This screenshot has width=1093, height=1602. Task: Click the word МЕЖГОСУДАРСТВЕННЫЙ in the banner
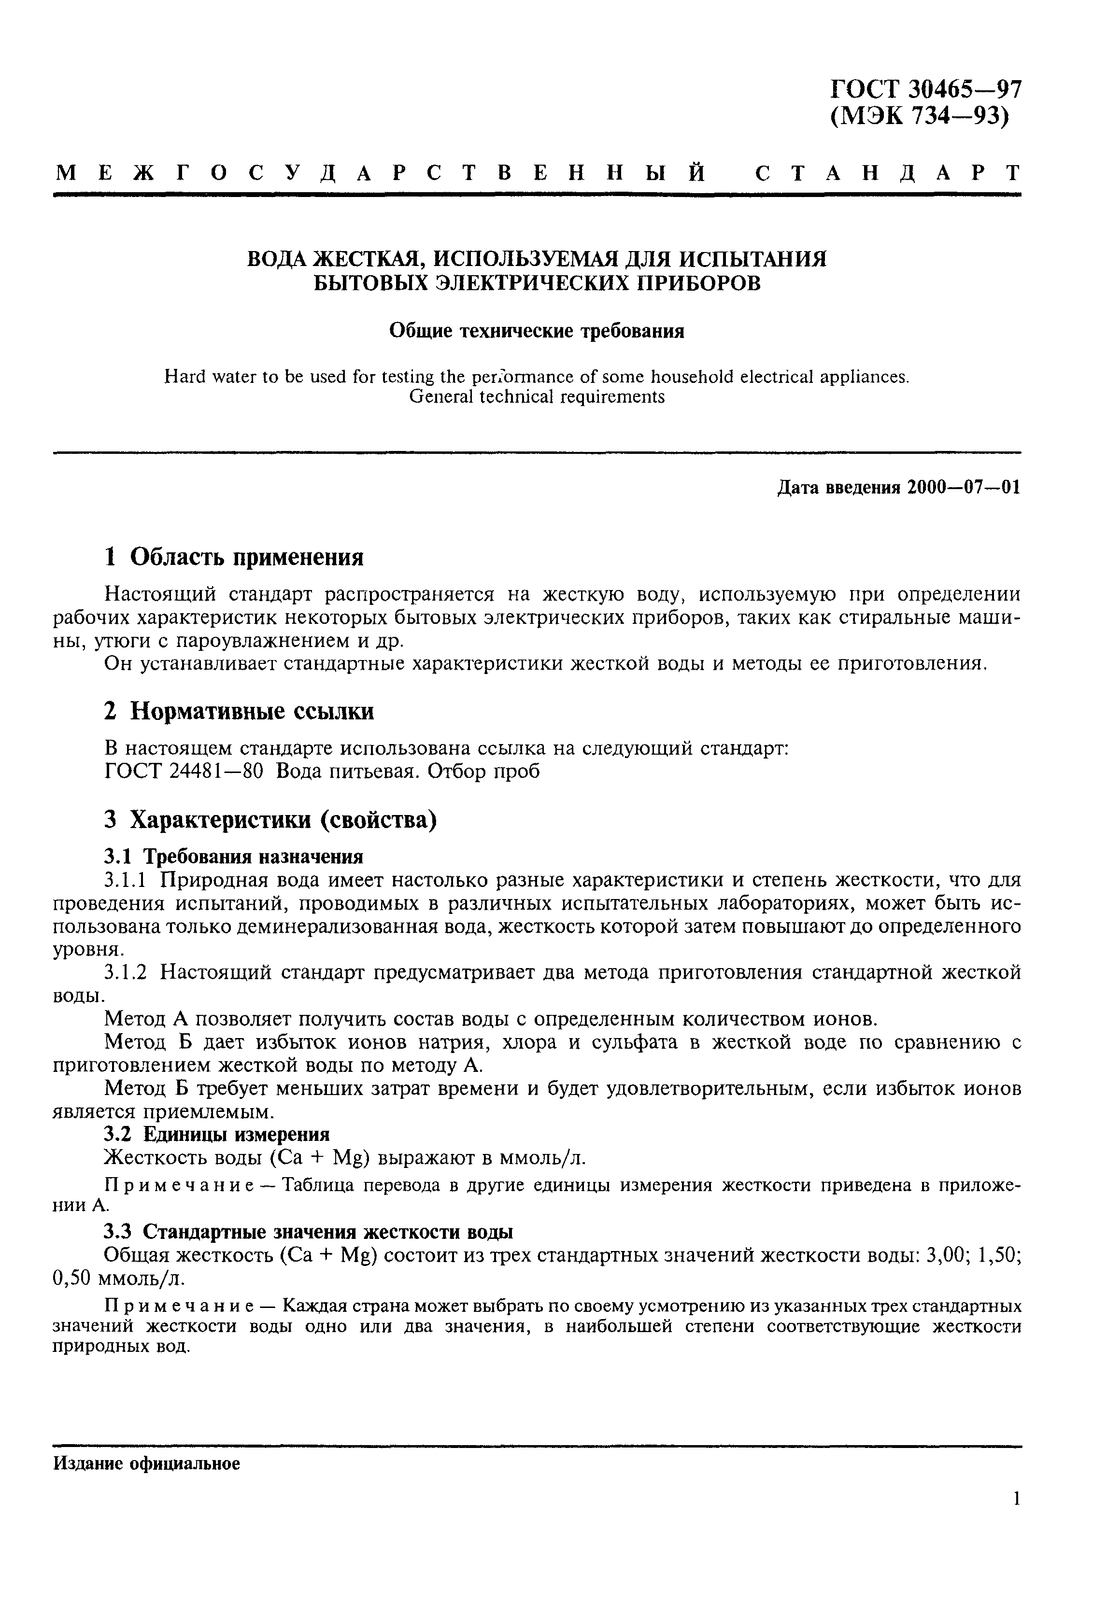click(380, 173)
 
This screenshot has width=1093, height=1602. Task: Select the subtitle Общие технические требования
click(537, 332)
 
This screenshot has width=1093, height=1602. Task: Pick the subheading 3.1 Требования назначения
click(233, 857)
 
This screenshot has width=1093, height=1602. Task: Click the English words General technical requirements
click(537, 397)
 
